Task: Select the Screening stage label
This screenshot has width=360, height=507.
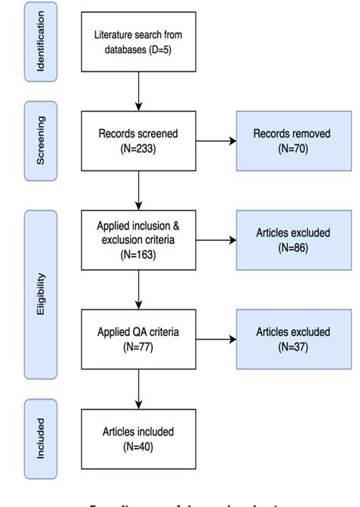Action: pos(40,140)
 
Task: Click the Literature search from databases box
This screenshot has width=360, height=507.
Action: pos(137,43)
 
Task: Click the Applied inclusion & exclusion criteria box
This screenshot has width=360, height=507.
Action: pos(137,240)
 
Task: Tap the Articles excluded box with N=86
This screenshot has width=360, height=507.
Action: pos(292,240)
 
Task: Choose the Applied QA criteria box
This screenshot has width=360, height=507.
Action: pos(137,339)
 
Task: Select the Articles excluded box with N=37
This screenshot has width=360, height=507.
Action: pos(292,339)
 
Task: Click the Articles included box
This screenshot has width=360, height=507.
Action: pos(137,439)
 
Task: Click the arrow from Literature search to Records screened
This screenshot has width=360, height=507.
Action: pos(137,91)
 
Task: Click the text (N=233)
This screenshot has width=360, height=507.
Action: pos(137,148)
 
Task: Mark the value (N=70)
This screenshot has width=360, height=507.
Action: pos(292,148)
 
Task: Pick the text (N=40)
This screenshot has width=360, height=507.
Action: pos(137,447)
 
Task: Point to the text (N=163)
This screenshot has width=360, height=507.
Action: pos(137,255)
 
